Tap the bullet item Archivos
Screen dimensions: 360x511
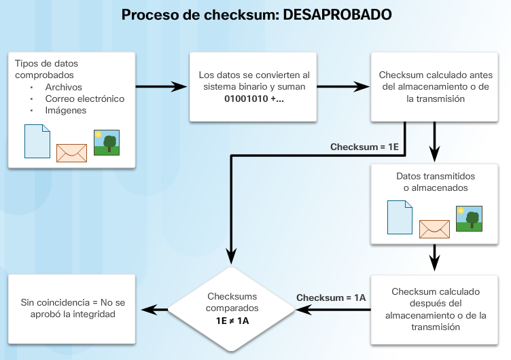tap(63, 87)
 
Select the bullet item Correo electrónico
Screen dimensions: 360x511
tap(85, 98)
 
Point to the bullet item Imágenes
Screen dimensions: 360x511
tap(66, 110)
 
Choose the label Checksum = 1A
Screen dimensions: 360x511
tap(331, 298)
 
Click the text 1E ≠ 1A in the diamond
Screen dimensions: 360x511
tap(232, 320)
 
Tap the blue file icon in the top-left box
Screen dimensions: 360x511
tap(37, 142)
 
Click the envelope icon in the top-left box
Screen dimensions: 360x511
tap(71, 153)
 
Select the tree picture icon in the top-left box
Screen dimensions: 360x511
tap(107, 143)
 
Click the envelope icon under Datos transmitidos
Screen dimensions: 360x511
tap(435, 230)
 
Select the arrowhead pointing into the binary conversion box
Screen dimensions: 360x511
tap(180, 87)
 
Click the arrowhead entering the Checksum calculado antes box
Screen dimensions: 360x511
tap(362, 87)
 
